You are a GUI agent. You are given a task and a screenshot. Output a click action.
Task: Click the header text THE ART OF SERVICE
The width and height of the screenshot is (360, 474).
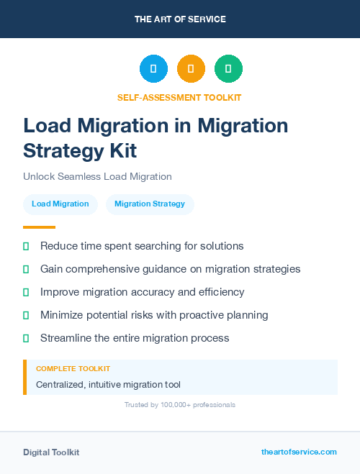coord(180,19)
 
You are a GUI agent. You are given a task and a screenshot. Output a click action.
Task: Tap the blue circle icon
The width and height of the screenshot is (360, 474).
coord(153,68)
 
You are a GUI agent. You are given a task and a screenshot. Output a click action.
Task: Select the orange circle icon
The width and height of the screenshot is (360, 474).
coord(191,68)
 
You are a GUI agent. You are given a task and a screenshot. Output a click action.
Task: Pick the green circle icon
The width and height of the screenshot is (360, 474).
coord(228,68)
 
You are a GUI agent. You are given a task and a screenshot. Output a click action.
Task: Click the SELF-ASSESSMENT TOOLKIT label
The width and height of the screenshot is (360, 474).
coord(180,97)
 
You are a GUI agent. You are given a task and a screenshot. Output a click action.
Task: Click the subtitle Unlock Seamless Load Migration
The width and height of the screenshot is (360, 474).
coord(97,176)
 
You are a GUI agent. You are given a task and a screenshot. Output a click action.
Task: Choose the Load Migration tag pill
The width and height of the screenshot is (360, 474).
coord(60,204)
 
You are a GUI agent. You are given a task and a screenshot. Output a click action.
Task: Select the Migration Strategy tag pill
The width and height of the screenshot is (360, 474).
coord(150,204)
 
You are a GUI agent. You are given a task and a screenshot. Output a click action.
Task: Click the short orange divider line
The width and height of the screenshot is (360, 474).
coord(39,227)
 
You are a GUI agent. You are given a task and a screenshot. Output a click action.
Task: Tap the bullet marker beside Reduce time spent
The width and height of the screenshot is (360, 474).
coord(26,246)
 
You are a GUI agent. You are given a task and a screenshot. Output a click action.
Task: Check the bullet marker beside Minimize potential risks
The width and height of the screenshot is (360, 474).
coord(26,315)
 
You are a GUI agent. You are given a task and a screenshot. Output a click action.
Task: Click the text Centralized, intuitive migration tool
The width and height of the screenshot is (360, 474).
coord(108,384)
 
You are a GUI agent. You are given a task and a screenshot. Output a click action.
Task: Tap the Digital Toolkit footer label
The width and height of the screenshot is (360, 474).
coord(51,452)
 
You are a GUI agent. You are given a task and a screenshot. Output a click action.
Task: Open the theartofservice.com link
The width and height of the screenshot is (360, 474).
coord(299,452)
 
